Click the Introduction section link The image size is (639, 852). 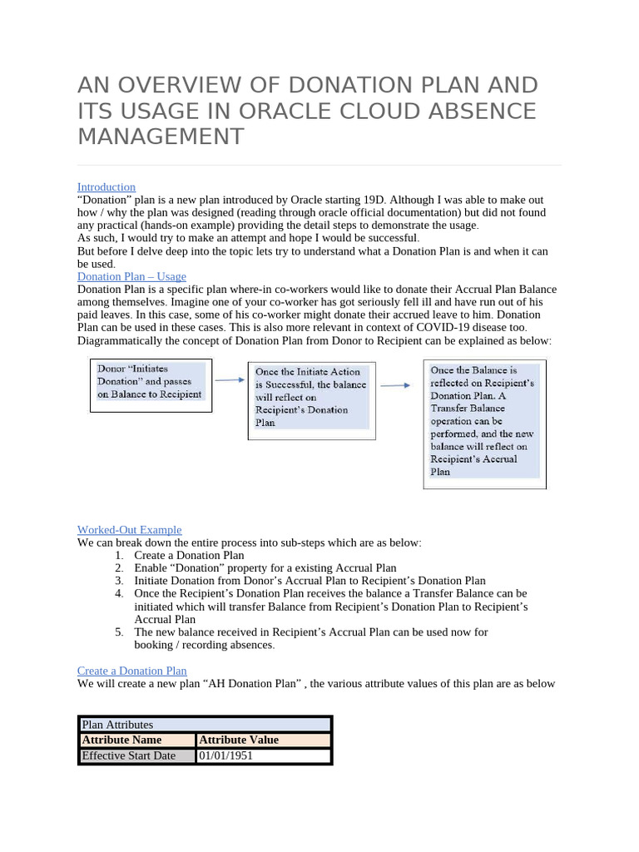click(x=106, y=187)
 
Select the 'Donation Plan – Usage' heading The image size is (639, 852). click(x=131, y=276)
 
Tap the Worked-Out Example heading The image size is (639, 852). click(x=129, y=530)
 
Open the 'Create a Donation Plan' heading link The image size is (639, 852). click(x=131, y=671)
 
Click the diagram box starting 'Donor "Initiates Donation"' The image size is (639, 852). click(x=151, y=384)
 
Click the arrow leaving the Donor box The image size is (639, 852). click(x=230, y=379)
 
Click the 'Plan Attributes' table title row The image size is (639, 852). click(x=205, y=725)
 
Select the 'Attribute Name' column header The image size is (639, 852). click(x=137, y=740)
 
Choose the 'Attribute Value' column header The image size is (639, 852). click(x=263, y=740)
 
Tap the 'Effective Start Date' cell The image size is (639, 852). click(x=137, y=755)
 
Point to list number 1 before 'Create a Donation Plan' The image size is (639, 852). click(x=120, y=556)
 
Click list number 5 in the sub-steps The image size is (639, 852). click(x=120, y=632)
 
